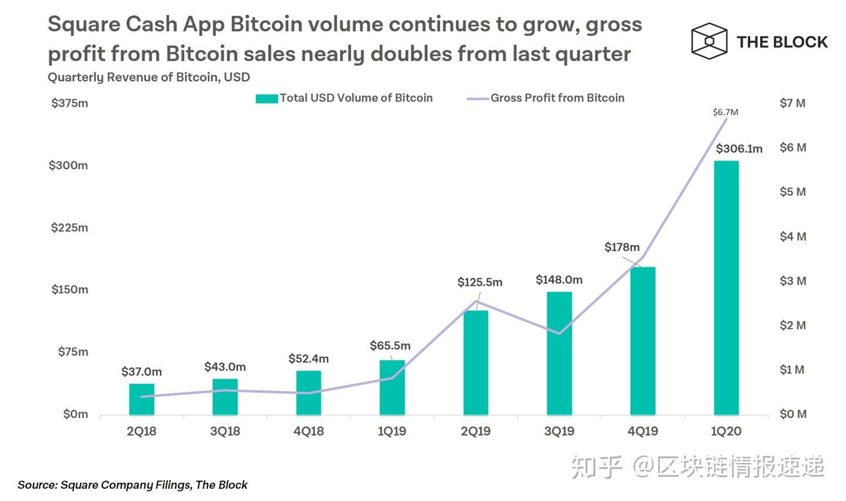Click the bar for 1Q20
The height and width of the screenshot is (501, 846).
726,288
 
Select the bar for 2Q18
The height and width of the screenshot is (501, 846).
142,399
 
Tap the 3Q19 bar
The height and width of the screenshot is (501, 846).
559,353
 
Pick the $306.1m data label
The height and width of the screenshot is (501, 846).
738,149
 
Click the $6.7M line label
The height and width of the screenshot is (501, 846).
725,112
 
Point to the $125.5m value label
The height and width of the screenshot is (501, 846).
480,282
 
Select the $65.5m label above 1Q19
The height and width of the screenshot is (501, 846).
390,346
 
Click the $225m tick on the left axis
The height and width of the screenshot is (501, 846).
69,228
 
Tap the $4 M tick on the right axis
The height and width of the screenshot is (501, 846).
793,236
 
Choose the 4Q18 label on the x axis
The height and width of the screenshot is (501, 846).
308,431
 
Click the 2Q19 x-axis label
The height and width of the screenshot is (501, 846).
475,431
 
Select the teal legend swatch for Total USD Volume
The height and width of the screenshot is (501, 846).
266,98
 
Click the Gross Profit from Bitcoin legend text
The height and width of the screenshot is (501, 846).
557,98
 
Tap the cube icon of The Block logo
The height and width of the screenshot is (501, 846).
709,41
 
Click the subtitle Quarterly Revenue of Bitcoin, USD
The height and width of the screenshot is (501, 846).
149,77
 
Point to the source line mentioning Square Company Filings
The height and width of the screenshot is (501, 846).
132,485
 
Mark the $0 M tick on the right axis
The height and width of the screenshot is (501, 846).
793,414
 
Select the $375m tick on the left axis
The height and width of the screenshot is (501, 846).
69,103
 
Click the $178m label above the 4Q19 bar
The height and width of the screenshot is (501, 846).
622,247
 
